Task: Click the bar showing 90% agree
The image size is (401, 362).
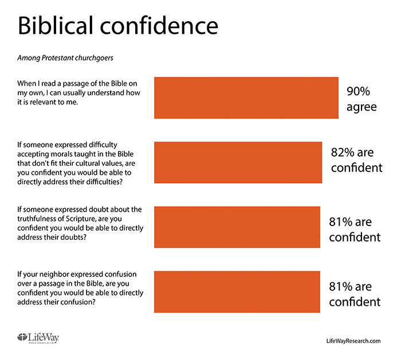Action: click(x=246, y=97)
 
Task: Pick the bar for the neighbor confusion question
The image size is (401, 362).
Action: click(x=237, y=292)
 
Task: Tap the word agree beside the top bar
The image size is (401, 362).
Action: click(x=361, y=107)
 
